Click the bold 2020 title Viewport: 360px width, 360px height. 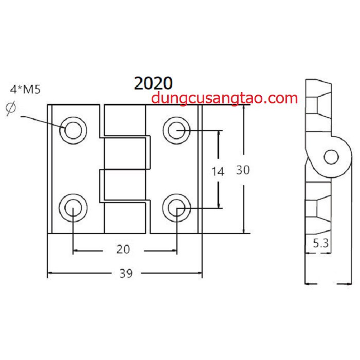coord(153,83)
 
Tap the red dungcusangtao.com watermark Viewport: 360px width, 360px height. coord(224,98)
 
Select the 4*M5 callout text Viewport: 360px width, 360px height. coord(25,89)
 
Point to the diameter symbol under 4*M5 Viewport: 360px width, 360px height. coord(11,108)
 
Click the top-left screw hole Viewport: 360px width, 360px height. coord(73,131)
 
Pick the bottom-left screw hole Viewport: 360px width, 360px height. coord(73,208)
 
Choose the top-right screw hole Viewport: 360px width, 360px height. coord(176,131)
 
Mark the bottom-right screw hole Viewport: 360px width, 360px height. coord(176,208)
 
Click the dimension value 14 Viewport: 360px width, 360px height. coord(218,171)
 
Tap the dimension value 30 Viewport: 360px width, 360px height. coord(243,170)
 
